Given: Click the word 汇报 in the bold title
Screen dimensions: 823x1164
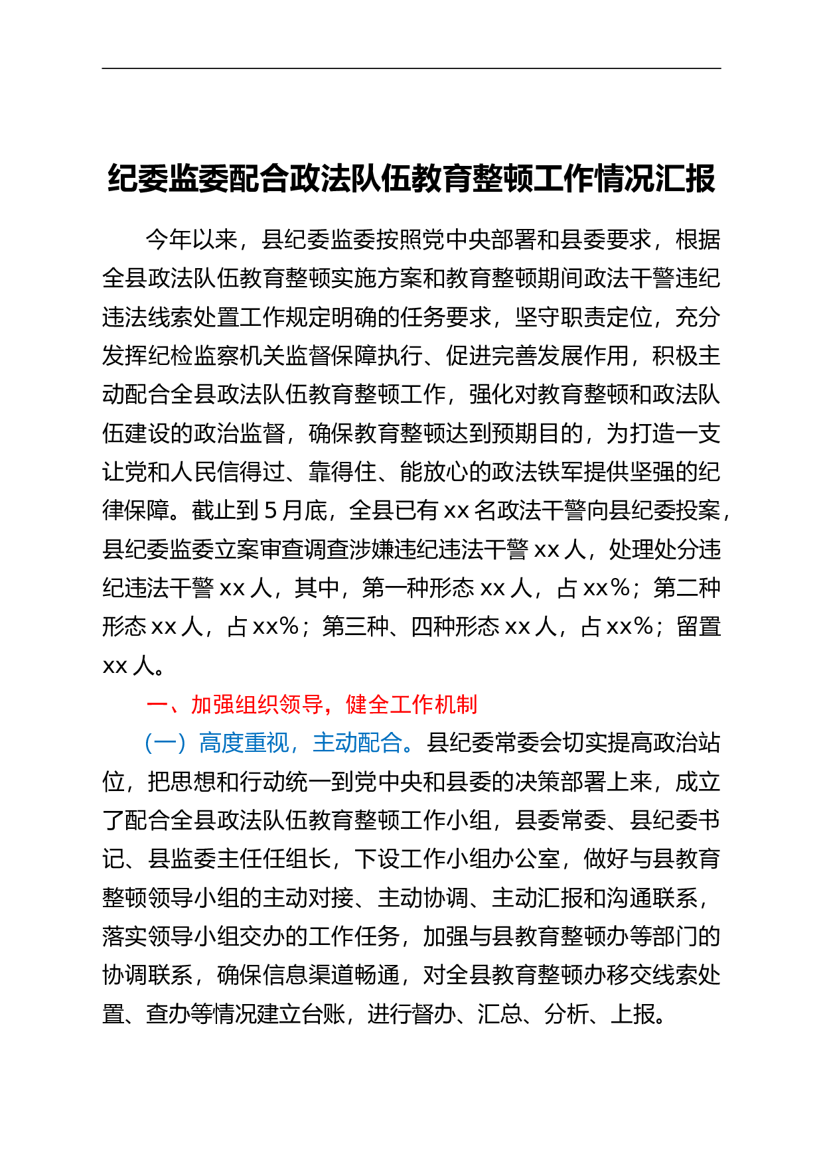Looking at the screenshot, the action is tap(686, 179).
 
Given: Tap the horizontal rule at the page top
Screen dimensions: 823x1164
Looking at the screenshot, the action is tap(411, 68).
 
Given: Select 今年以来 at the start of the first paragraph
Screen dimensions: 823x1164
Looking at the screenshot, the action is tap(192, 240).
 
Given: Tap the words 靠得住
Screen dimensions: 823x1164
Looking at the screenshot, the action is tap(343, 472).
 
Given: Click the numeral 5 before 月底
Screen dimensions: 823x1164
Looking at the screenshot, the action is tap(270, 510).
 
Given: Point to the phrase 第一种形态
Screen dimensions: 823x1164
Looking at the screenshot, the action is tap(418, 588).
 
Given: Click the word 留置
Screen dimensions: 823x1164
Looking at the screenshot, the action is tap(699, 626).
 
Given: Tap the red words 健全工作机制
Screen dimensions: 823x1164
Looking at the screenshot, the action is tap(411, 704).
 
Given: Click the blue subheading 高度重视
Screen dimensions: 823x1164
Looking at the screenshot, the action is tap(244, 743).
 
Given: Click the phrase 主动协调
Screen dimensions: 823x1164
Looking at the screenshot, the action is tap(423, 898).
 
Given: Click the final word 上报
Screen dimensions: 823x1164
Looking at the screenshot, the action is tap(633, 1013).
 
